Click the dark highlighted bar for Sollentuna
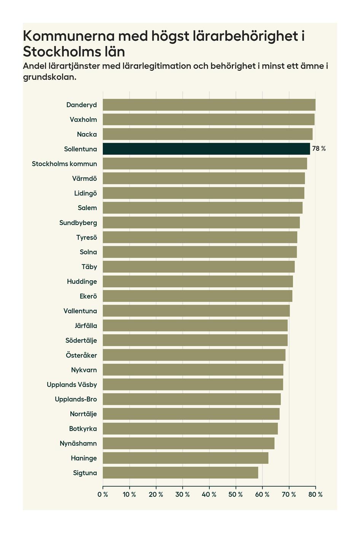coord(206,149)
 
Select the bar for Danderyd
coord(209,105)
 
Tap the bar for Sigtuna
coord(180,473)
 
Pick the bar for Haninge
coord(185,458)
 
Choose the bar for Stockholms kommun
coord(205,164)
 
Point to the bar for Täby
coord(199,266)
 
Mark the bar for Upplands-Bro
coord(192,399)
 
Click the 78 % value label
coord(319,149)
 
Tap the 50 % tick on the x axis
coord(236,495)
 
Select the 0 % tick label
coord(103,495)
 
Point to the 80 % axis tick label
coord(315,495)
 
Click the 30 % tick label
coord(183,495)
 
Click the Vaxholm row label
coord(83,120)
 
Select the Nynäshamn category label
coord(78,444)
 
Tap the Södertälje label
coord(81,340)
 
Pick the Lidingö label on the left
coord(86,193)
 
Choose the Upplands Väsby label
coord(72,385)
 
